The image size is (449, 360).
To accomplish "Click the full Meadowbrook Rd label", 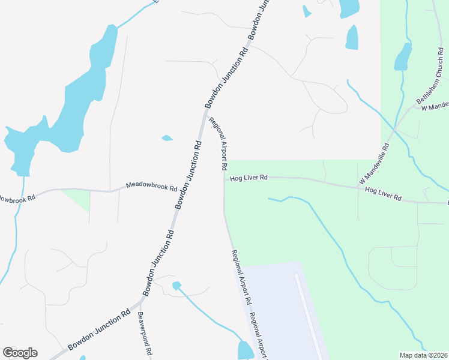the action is pyautogui.click(x=151, y=187).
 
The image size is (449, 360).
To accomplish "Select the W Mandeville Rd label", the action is pyautogui.click(x=375, y=163).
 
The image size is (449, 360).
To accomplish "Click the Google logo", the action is pyautogui.click(x=20, y=353).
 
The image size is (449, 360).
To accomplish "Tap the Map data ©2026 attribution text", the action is pyautogui.click(x=424, y=355).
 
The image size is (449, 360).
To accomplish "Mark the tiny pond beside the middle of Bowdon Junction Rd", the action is pyautogui.click(x=167, y=138).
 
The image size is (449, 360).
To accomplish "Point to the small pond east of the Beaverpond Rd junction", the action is pyautogui.click(x=176, y=286).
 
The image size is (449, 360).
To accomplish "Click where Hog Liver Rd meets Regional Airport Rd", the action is pyautogui.click(x=224, y=178).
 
